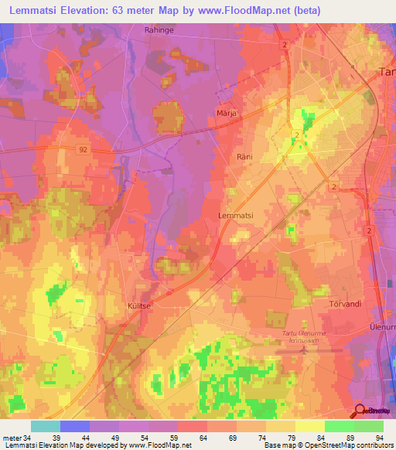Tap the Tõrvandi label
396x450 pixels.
(x=345, y=304)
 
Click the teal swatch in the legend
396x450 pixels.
(x=46, y=426)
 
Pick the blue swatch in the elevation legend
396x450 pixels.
(x=75, y=426)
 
